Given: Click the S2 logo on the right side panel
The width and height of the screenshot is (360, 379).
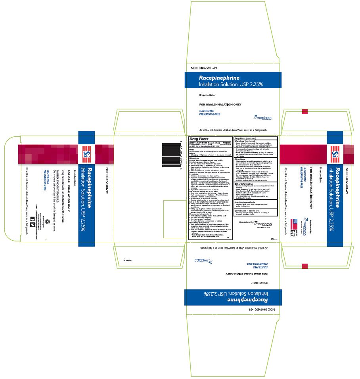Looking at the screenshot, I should pyautogui.click(x=335, y=152).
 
